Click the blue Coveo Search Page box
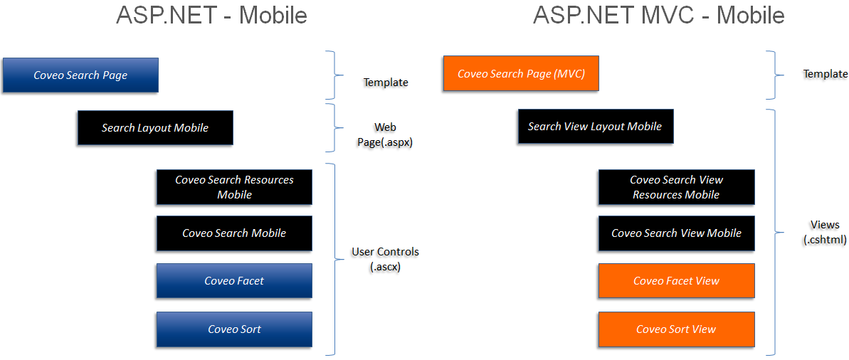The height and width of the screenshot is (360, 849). click(80, 75)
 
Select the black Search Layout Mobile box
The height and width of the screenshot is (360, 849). click(155, 128)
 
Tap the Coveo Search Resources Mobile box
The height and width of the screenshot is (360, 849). click(234, 187)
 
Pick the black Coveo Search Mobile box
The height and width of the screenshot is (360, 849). click(234, 233)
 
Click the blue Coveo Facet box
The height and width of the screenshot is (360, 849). click(234, 281)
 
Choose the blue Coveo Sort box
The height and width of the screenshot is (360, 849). click(234, 329)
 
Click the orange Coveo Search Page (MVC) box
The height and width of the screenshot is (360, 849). click(521, 74)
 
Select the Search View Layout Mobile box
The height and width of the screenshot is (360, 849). click(595, 127)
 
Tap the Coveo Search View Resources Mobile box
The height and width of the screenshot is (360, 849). click(676, 187)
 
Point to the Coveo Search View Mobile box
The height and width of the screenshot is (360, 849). click(676, 233)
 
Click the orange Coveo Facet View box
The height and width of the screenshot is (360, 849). click(676, 281)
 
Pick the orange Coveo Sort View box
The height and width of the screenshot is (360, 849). click(676, 329)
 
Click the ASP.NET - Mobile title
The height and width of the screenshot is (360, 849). click(211, 15)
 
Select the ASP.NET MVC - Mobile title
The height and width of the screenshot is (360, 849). click(658, 15)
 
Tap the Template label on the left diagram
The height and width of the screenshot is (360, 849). click(386, 83)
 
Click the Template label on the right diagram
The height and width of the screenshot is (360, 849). click(826, 74)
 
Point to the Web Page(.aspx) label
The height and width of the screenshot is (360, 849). click(385, 134)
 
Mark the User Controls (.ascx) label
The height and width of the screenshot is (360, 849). click(385, 259)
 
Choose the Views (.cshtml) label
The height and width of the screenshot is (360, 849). click(825, 232)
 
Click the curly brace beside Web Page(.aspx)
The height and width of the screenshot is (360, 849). click(331, 128)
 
